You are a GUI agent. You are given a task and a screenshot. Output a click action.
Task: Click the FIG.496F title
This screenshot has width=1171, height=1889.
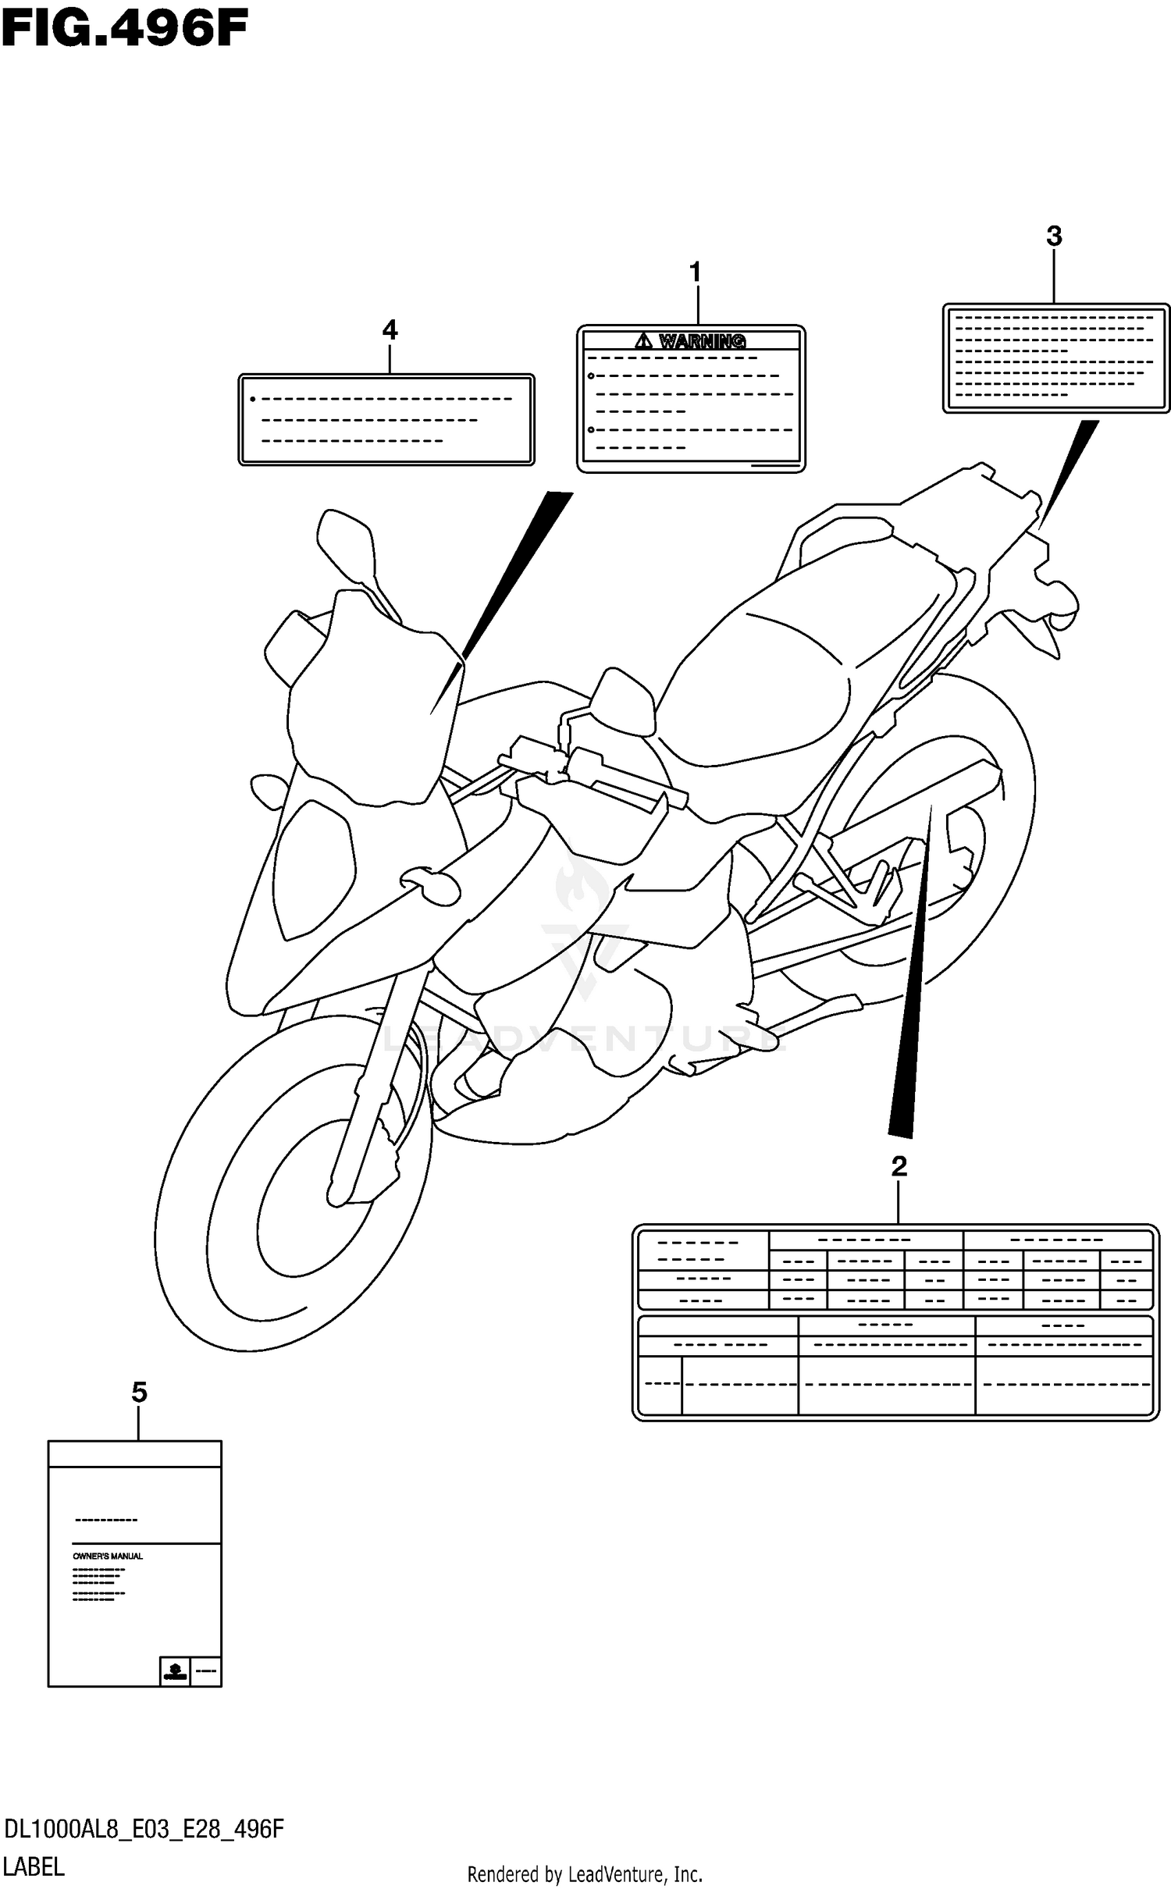[x=125, y=31]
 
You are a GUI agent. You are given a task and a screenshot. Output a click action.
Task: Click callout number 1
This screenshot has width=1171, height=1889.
[x=695, y=273]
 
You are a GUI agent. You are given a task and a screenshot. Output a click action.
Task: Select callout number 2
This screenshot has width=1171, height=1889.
[x=899, y=1167]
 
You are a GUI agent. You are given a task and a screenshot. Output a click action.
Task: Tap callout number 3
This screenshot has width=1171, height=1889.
[x=1054, y=236]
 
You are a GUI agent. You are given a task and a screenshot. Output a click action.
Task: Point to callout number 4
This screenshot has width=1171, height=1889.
[x=390, y=330]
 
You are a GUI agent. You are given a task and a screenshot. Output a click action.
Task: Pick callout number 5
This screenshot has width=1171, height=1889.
[x=139, y=1392]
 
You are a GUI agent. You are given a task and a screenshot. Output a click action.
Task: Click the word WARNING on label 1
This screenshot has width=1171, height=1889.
[x=702, y=341]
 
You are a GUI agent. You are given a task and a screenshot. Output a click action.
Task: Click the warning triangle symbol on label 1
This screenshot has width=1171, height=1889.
[x=643, y=340]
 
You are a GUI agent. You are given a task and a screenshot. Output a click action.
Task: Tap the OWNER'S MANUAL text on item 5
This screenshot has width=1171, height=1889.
[x=108, y=1556]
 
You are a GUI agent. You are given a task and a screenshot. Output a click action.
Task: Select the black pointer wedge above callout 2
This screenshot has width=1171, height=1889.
[x=909, y=1015]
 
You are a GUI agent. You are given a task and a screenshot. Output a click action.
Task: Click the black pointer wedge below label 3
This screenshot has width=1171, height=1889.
[x=1070, y=468]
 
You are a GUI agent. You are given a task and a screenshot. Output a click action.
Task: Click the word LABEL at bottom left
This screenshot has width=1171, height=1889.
[x=34, y=1866]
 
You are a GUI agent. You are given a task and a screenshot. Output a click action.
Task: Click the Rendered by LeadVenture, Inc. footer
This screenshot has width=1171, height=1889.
[x=585, y=1874]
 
